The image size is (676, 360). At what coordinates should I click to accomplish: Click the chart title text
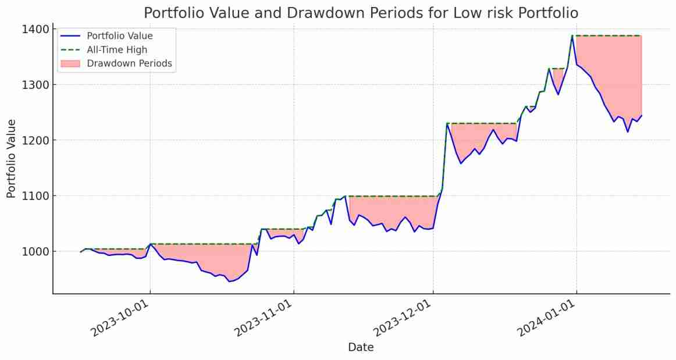point(361,13)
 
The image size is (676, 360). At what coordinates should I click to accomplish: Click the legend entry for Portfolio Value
point(119,36)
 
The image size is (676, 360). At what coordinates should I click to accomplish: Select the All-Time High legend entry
point(117,50)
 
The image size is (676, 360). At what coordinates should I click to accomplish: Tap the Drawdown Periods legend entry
point(129,63)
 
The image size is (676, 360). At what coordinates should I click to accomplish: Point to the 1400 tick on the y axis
point(35,29)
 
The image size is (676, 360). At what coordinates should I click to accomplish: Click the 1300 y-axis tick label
point(35,85)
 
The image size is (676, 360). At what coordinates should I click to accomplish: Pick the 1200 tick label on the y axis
point(35,140)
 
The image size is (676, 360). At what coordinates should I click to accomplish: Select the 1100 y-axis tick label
point(35,196)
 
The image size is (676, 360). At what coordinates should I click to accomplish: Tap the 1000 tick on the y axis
point(35,251)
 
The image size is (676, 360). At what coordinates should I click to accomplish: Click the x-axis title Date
point(361,347)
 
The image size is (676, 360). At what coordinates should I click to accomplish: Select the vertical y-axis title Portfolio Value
point(12,158)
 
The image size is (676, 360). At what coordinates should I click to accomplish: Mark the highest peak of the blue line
point(572,36)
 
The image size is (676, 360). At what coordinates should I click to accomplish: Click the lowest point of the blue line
point(229,281)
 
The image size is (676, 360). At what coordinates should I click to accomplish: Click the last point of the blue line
point(641,115)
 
